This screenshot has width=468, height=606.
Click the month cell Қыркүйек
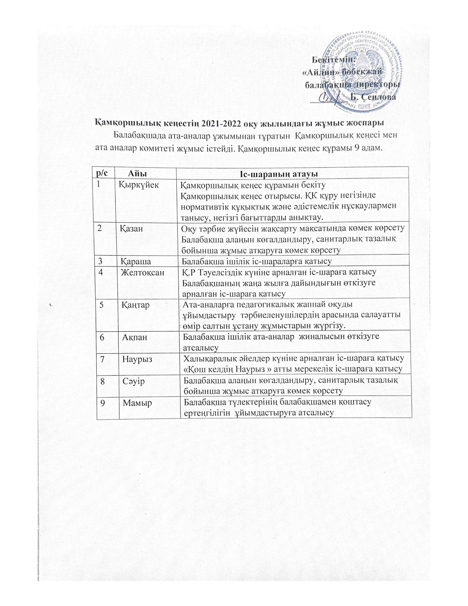coord(139,185)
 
